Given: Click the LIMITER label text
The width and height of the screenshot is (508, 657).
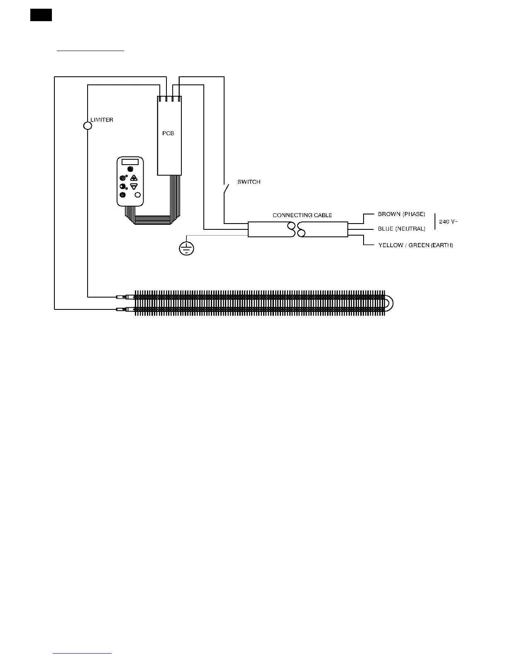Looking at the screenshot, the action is (102, 120).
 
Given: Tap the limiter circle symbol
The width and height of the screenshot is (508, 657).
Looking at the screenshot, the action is (88, 125).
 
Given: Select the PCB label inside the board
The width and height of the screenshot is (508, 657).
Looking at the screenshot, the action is (168, 134).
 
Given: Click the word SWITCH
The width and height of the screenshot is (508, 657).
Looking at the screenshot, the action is (249, 182).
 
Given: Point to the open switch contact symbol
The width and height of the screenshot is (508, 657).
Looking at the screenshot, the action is (225, 189).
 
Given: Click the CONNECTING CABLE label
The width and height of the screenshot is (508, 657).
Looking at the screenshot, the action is (302, 215).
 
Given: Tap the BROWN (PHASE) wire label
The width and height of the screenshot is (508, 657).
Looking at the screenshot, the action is (401, 214).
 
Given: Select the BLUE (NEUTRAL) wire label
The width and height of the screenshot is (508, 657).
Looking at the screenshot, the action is (401, 229).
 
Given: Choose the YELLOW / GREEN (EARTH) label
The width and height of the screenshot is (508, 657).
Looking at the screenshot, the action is (415, 245).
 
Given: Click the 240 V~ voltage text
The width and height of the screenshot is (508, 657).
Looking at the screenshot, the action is (448, 221).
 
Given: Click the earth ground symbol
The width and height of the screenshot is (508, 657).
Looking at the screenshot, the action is (186, 248).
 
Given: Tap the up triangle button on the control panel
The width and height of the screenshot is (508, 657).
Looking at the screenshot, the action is (134, 178).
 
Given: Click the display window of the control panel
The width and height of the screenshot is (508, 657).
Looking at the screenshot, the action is (130, 161).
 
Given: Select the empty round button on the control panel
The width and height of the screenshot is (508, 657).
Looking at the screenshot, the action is (138, 195).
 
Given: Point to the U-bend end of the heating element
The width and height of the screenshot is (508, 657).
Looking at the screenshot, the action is (390, 303).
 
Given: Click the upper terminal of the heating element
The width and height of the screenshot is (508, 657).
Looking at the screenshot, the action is (123, 297).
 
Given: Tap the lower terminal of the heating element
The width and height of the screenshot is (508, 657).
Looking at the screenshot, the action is (123, 309).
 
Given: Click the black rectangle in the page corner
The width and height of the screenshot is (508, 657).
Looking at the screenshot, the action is (41, 15).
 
